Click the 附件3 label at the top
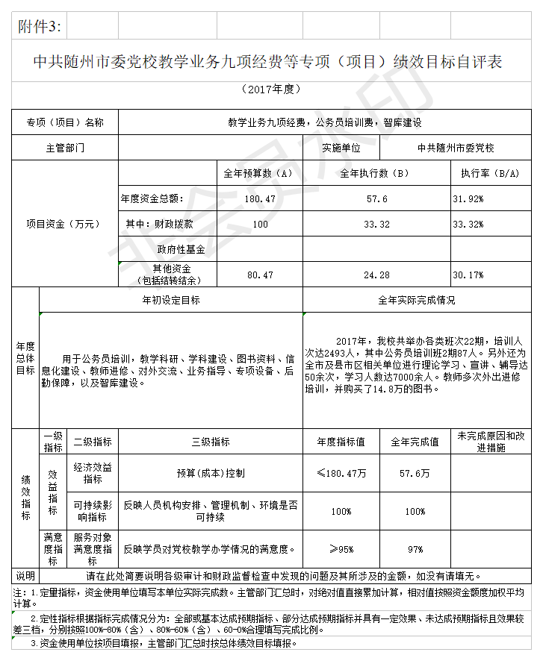(x=39, y=28)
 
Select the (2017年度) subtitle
(x=271, y=89)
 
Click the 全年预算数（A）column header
(x=258, y=174)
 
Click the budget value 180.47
(x=260, y=199)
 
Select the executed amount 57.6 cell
(x=376, y=199)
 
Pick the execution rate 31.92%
(x=468, y=199)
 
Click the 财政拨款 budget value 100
(x=260, y=224)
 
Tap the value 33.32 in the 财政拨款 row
(x=376, y=224)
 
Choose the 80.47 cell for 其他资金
(x=260, y=275)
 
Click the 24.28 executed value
(x=376, y=275)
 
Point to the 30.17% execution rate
(x=468, y=275)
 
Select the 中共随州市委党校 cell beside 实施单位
(x=456, y=148)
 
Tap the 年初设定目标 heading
(x=171, y=300)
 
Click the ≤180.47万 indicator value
(x=341, y=473)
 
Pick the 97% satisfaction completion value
(x=415, y=550)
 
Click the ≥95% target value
(x=341, y=550)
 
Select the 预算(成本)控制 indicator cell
(x=210, y=473)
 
